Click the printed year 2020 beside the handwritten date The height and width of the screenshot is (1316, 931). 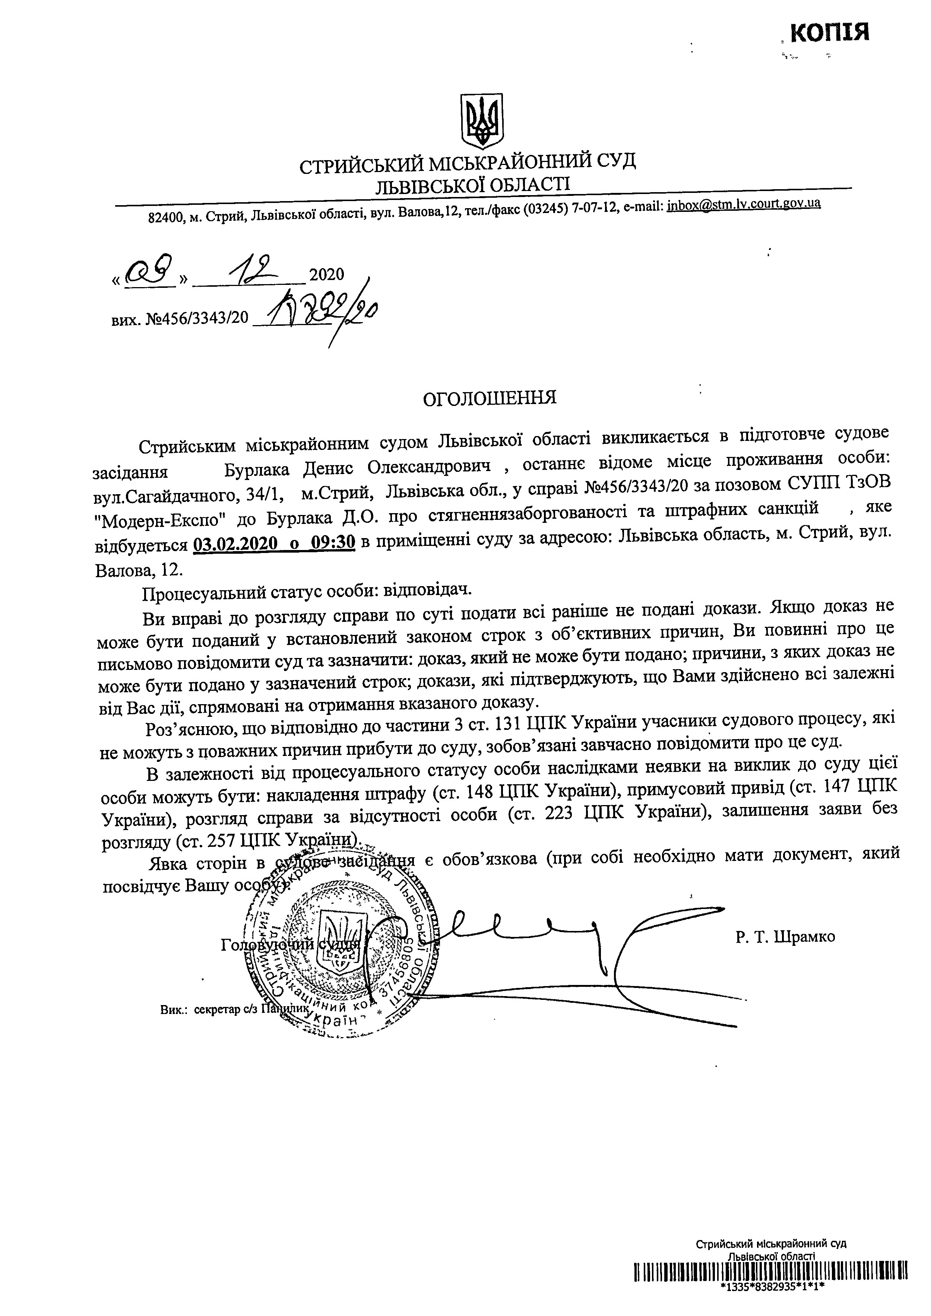coord(327,275)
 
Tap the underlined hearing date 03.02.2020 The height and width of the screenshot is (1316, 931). coord(232,543)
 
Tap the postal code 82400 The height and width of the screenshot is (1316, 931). coord(166,218)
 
